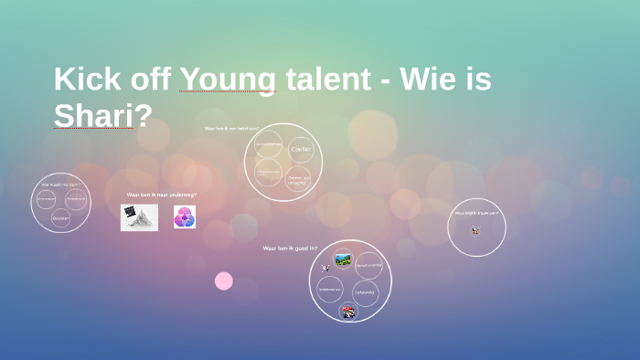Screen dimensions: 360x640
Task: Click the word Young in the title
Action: pos(227,79)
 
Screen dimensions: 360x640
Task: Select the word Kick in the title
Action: pos(88,79)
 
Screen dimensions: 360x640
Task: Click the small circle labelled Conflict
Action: pos(300,149)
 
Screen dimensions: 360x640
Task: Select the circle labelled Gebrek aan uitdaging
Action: pos(299,177)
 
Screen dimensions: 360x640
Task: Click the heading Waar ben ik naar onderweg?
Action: pos(161,195)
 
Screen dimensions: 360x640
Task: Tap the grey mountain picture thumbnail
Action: pos(139,217)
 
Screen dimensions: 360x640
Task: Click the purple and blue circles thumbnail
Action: pos(185,217)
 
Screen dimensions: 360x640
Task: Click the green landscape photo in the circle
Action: pos(343,259)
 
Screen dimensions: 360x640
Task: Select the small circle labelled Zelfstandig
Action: pos(365,293)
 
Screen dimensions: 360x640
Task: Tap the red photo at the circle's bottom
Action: pos(348,312)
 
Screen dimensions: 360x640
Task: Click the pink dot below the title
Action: pos(224,281)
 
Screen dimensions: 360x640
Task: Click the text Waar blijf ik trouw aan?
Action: pos(475,213)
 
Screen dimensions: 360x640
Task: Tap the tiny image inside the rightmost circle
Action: pos(475,230)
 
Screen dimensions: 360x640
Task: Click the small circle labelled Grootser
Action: pos(60,217)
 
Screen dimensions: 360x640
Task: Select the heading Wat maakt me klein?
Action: pos(60,185)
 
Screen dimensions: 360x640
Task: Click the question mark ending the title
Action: pos(143,116)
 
